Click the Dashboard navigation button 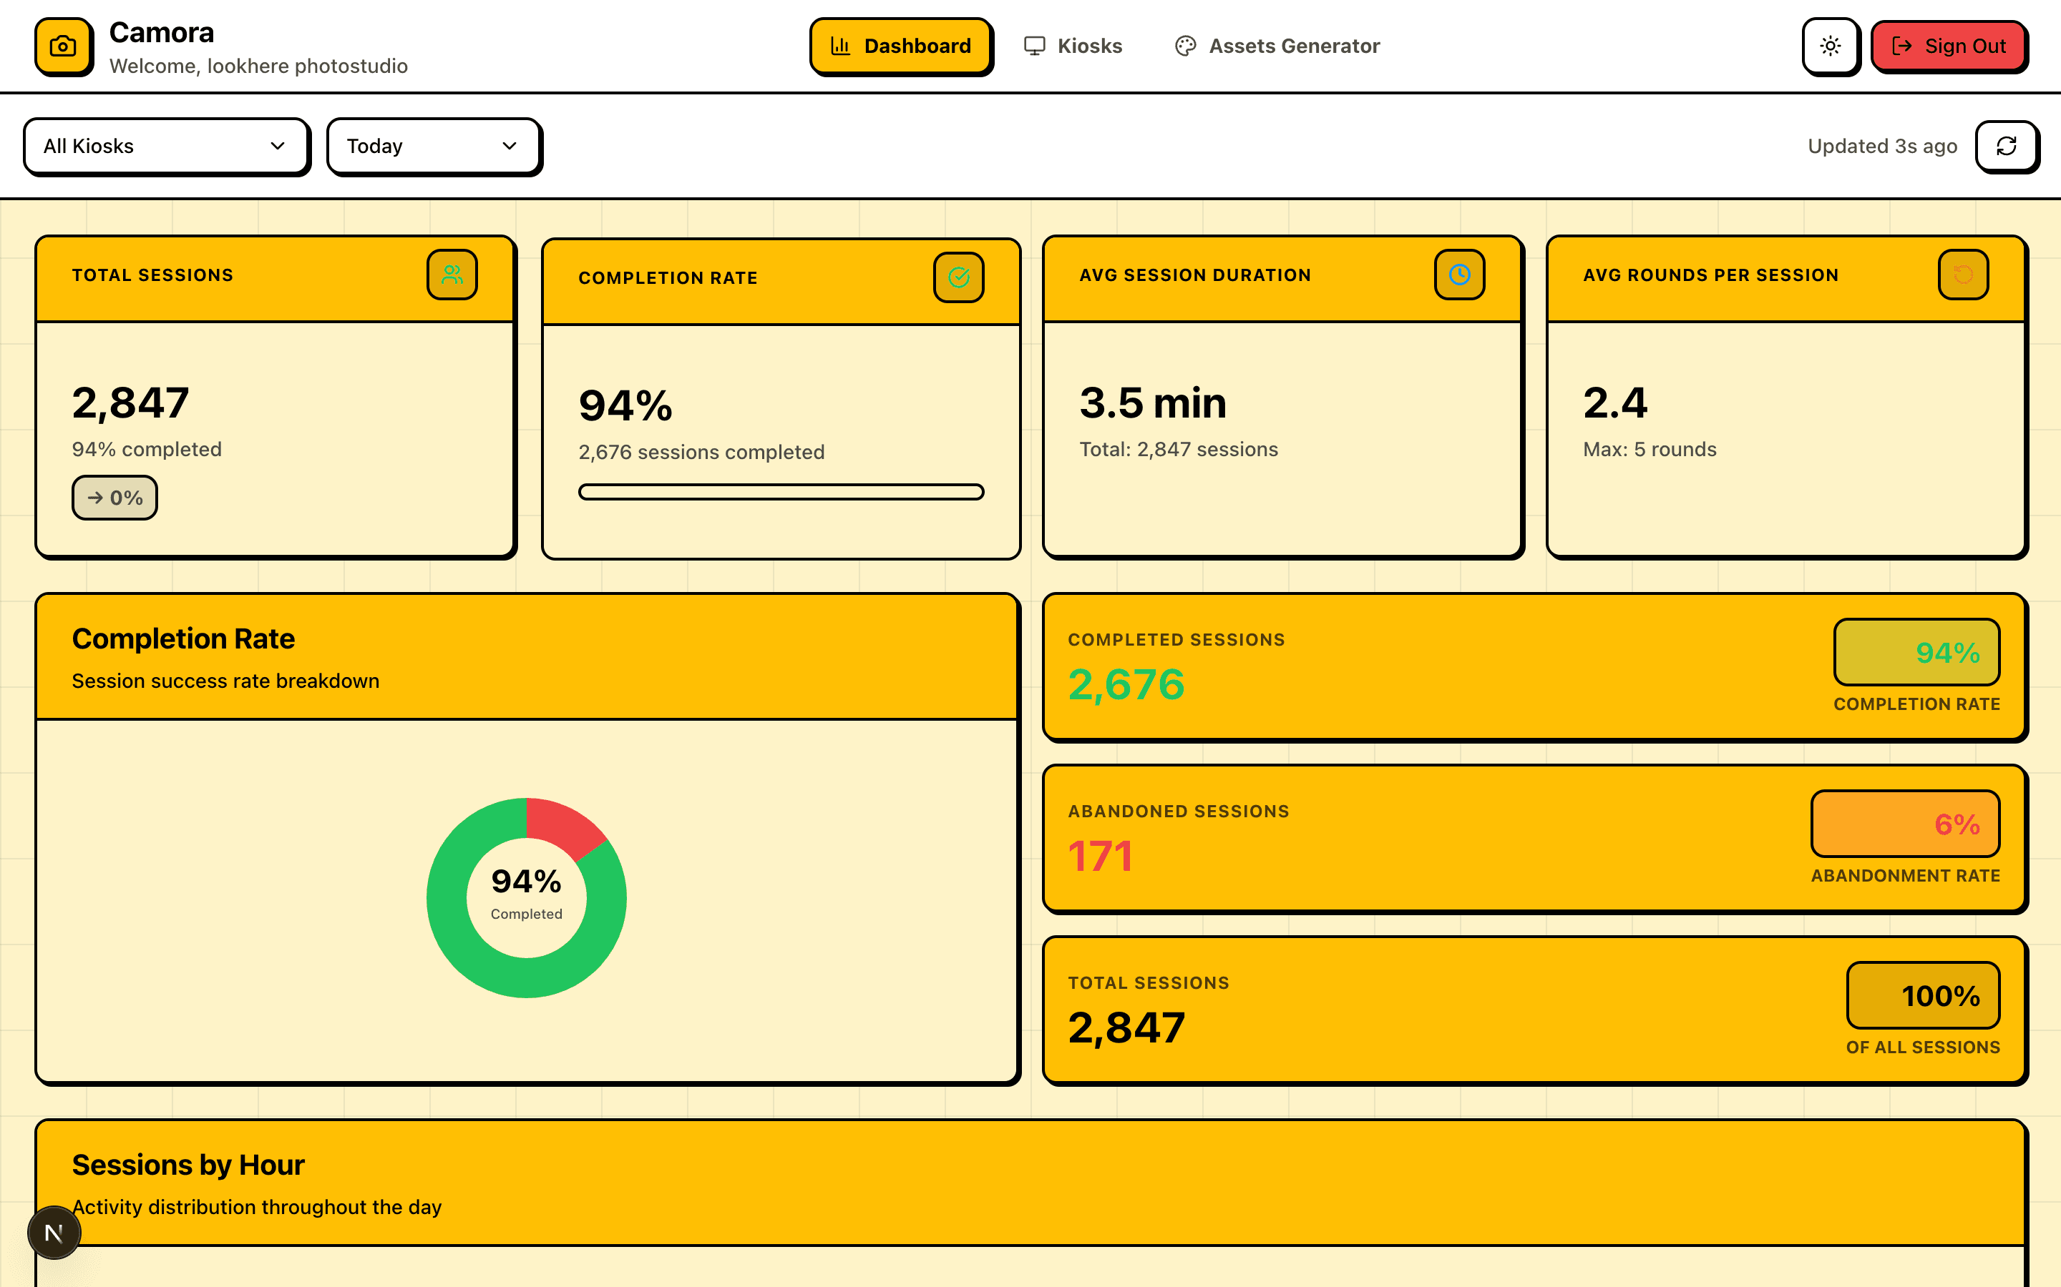[900, 46]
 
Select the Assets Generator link [1277, 46]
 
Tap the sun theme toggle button [1830, 46]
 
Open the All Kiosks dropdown [165, 147]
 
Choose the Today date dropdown [433, 147]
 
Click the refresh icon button [2006, 147]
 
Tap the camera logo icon [63, 46]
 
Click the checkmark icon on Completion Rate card [958, 277]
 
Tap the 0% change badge [114, 498]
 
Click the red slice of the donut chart [562, 826]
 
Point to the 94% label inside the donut [526, 882]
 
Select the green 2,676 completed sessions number [1126, 684]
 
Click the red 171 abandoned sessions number [1101, 857]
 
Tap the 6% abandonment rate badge [1904, 824]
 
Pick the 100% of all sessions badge [1922, 996]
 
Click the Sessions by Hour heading [188, 1165]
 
